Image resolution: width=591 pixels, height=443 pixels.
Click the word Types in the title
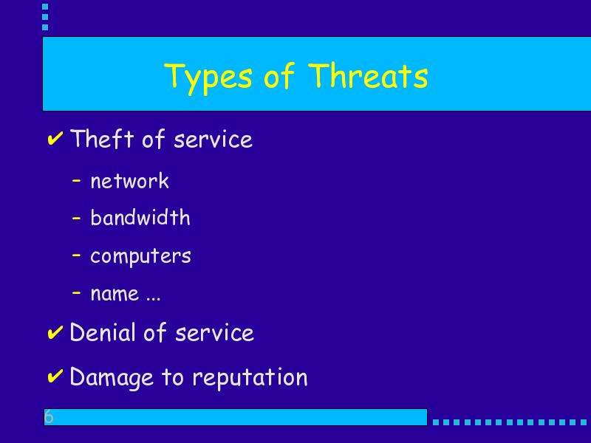coord(208,78)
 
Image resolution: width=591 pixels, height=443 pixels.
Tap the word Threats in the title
coord(368,75)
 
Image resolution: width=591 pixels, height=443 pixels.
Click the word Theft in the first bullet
coord(102,138)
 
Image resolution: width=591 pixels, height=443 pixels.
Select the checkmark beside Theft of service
coord(55,138)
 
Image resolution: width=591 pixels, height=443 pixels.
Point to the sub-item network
coord(130,180)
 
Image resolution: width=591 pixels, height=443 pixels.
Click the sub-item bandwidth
coord(140,217)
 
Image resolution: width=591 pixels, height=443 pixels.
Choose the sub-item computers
coord(140,256)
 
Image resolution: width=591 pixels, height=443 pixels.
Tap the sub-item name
coord(115,294)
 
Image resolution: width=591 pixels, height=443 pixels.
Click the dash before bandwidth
coord(76,218)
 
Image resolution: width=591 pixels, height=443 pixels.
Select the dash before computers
coord(76,255)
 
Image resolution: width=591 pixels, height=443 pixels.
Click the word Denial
coord(102,332)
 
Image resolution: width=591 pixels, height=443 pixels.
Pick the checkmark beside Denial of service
coord(55,332)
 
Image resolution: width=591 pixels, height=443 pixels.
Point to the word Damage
coord(112,378)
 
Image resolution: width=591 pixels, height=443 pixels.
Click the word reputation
coord(250,378)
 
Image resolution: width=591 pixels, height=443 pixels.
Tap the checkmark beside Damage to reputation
coord(55,377)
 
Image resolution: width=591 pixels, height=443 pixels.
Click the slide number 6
coord(49,416)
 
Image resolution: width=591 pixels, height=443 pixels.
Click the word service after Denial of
coord(214,334)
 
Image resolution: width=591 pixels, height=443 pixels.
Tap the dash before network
coord(76,181)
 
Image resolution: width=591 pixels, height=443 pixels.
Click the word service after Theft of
coord(213,140)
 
